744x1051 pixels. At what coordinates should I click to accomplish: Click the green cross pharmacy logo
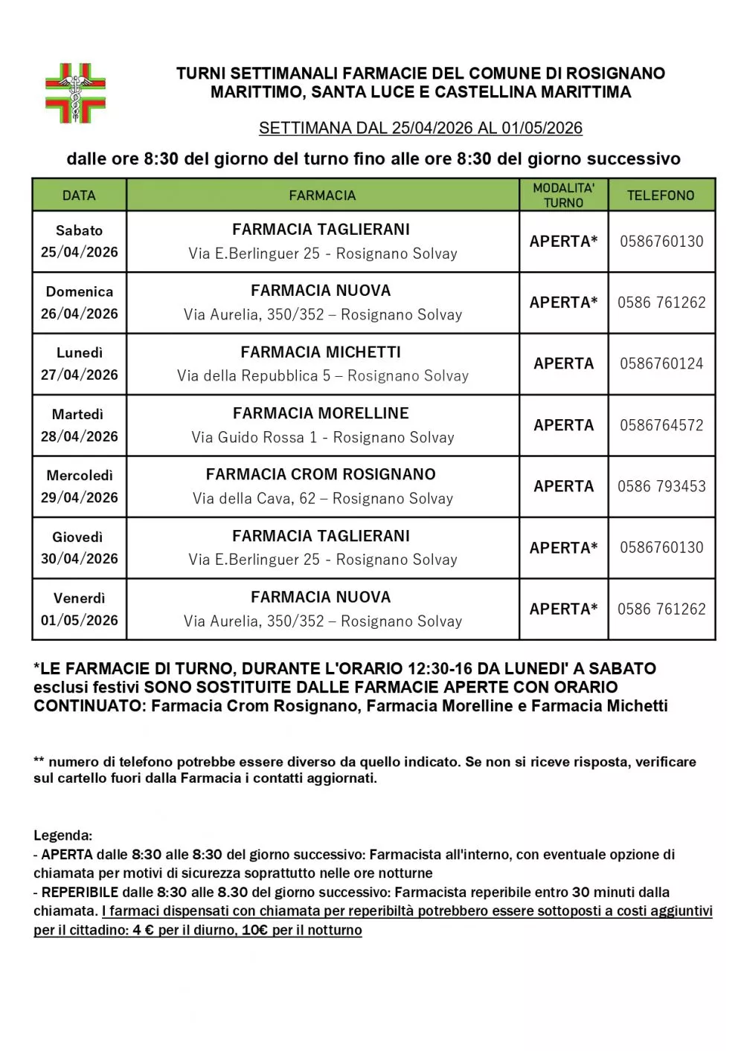[x=75, y=93]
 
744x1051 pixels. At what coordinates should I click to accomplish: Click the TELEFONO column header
[x=661, y=195]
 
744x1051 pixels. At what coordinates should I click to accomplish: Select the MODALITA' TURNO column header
[x=563, y=195]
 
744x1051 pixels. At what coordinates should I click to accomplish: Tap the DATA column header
[x=79, y=195]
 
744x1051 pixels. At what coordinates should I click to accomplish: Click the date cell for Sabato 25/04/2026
[x=79, y=242]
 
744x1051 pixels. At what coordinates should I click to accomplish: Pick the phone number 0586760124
[x=661, y=363]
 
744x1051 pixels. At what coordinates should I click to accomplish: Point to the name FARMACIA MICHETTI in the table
[x=321, y=352]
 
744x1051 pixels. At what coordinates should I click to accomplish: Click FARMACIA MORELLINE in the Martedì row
[x=321, y=413]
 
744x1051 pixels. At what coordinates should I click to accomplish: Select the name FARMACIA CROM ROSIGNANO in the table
[x=321, y=474]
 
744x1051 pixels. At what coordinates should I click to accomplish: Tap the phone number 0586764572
[x=661, y=425]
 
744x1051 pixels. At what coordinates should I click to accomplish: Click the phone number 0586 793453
[x=661, y=486]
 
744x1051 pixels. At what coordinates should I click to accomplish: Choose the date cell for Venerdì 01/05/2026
[x=79, y=609]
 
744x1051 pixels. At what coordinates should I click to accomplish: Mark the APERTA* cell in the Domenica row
[x=563, y=303]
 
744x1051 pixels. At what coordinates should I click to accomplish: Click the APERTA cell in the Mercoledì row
[x=563, y=486]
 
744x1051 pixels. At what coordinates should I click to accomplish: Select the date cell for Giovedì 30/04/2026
[x=79, y=548]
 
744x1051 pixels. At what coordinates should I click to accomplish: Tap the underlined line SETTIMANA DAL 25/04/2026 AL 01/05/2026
[x=420, y=128]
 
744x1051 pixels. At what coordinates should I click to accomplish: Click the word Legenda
[x=62, y=835]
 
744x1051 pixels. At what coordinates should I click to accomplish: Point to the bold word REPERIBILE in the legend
[x=80, y=892]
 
